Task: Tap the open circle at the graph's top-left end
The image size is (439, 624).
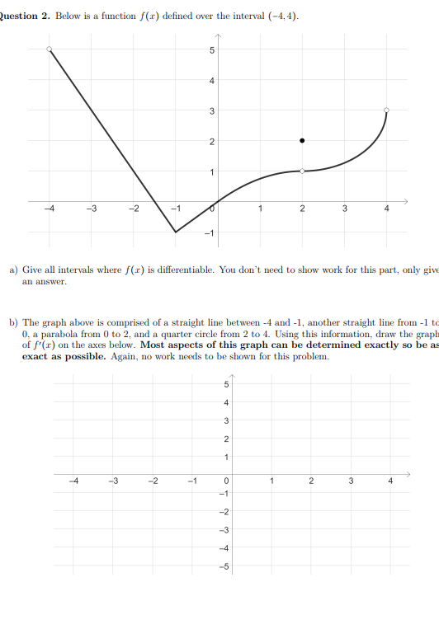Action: [50, 49]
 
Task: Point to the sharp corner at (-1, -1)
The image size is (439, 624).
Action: [176, 232]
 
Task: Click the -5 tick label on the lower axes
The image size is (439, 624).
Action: [220, 565]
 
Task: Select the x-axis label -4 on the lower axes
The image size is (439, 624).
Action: [74, 481]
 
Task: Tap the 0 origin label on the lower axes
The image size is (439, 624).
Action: [223, 481]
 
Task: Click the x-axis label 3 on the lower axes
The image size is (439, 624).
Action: [349, 481]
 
